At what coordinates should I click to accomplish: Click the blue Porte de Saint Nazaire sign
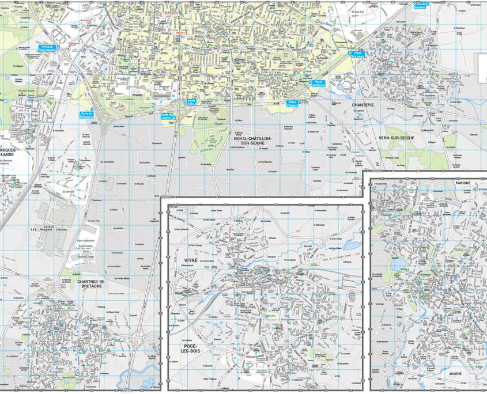pyautogui.click(x=47, y=48)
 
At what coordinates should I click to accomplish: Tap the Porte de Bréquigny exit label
pyautogui.click(x=86, y=114)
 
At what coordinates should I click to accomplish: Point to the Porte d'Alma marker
pyautogui.click(x=191, y=103)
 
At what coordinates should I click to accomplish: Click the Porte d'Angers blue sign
pyautogui.click(x=293, y=103)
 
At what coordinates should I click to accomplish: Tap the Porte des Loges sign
pyautogui.click(x=358, y=55)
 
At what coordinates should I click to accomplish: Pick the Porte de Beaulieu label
pyautogui.click(x=420, y=6)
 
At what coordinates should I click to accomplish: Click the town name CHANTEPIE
pyautogui.click(x=363, y=105)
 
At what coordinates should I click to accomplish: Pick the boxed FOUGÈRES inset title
pyautogui.click(x=381, y=184)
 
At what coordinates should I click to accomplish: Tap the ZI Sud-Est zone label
pyautogui.click(x=359, y=12)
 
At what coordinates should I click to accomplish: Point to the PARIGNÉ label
pyautogui.click(x=463, y=183)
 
